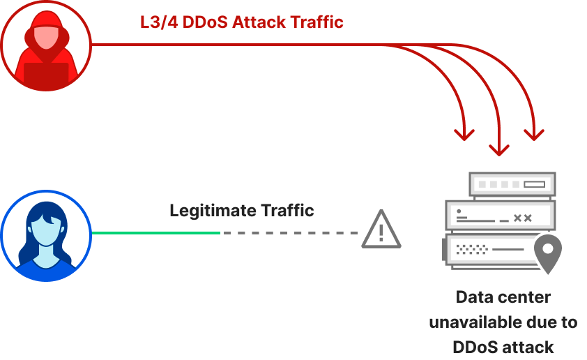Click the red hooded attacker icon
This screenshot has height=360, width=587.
point(46,45)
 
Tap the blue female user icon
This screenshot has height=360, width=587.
point(46,235)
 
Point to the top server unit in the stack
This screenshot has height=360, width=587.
point(512,184)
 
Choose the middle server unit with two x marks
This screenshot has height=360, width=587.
point(499,217)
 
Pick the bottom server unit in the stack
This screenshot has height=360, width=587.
point(488,249)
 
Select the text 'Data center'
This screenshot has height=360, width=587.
point(503,297)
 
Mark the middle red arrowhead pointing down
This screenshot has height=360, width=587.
point(498,149)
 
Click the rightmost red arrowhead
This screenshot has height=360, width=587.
point(534,133)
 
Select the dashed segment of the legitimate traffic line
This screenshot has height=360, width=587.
point(289,232)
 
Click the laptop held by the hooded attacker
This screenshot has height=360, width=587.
point(46,73)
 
